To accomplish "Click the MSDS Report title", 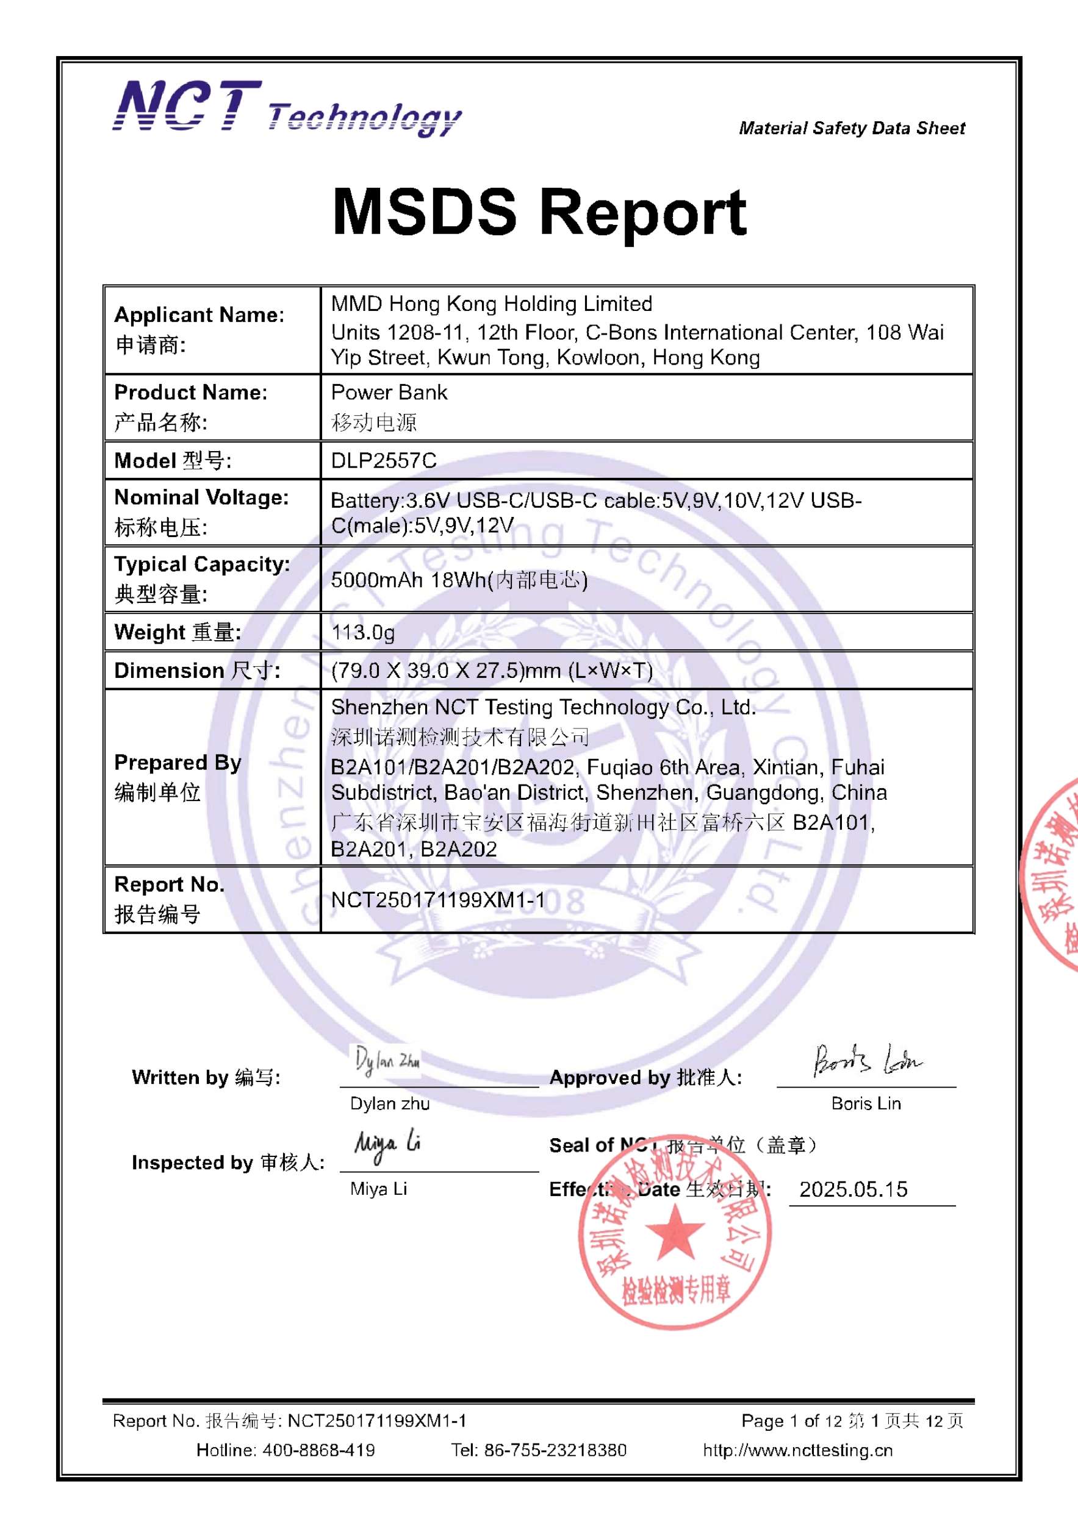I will (539, 212).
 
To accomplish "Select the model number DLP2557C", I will (383, 461).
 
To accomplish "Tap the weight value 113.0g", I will (362, 632).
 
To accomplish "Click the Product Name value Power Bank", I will (389, 393).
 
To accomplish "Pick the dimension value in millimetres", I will (492, 671).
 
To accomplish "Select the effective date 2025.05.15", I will (853, 1189).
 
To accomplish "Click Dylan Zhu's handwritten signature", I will (386, 1061).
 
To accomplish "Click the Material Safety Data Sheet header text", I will (852, 128).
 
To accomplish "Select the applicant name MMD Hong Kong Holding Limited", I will (492, 304).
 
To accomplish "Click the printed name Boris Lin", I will (866, 1103).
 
